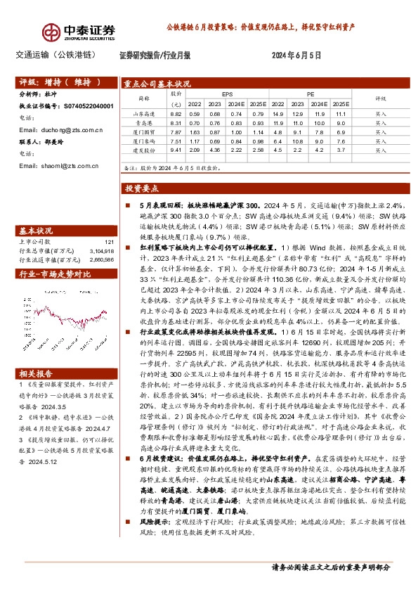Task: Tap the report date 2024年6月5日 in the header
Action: click(296, 54)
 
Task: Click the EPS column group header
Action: click(227, 93)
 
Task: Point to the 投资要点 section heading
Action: click(142, 188)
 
